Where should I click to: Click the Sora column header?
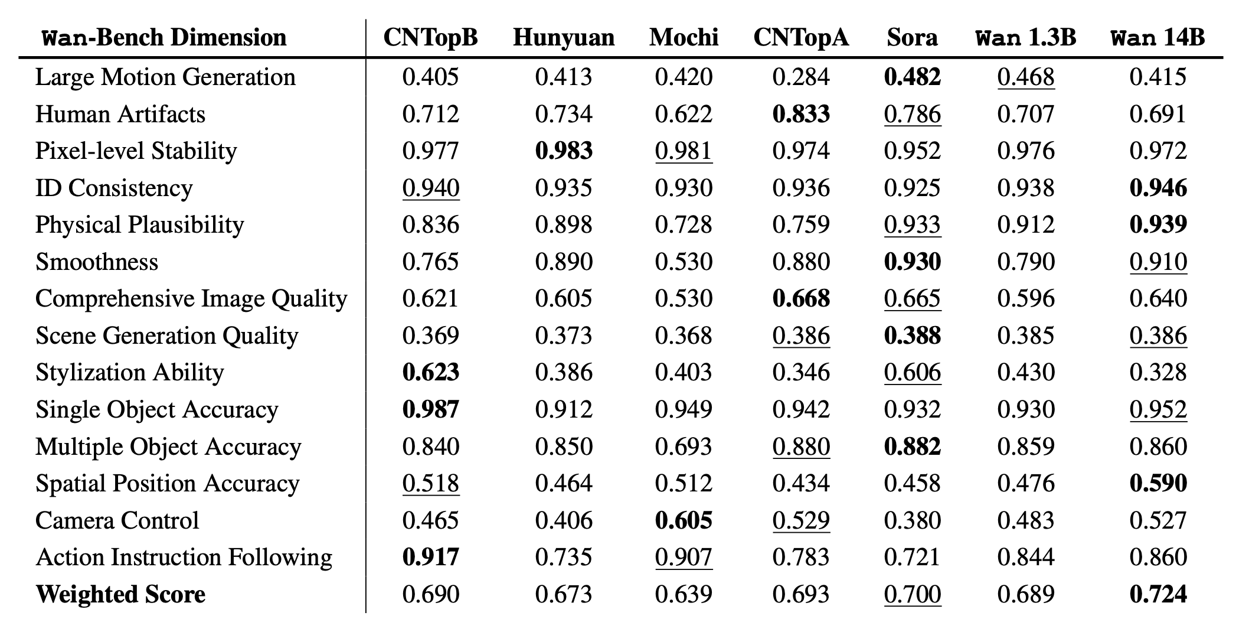[x=912, y=37]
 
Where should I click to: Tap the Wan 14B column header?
[x=1157, y=37]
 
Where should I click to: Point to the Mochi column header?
[x=684, y=37]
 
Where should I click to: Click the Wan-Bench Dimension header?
[x=165, y=37]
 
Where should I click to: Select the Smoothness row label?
[x=97, y=262]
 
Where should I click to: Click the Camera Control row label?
[x=117, y=520]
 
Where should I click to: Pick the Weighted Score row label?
[x=120, y=594]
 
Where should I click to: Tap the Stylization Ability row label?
[x=130, y=373]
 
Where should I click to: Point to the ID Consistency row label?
[x=114, y=188]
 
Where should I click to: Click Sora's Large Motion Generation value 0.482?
[x=912, y=77]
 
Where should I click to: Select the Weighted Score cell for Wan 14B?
[x=1157, y=594]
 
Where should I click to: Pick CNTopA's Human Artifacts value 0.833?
[x=801, y=114]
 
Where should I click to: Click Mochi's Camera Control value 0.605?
[x=684, y=520]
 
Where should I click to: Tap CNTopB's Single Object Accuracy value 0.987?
[x=430, y=409]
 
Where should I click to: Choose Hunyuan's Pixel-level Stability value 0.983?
[x=564, y=151]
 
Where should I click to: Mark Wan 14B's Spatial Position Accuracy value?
[x=1157, y=483]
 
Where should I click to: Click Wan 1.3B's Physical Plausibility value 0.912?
[x=1026, y=225]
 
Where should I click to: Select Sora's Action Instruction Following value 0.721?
[x=912, y=557]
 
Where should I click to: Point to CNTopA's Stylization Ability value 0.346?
[x=801, y=373]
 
